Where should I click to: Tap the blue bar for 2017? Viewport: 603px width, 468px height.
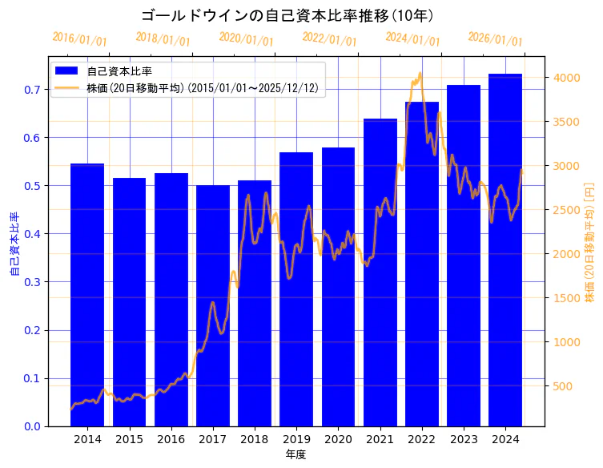[x=213, y=305]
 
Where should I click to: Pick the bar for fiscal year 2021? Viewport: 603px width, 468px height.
[x=380, y=272]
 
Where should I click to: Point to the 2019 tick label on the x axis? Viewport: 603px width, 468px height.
[x=296, y=439]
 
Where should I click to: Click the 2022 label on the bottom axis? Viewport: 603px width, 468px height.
[x=422, y=439]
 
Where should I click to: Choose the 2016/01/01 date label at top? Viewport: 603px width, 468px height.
[x=79, y=39]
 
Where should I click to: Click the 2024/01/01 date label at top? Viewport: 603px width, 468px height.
[x=412, y=39]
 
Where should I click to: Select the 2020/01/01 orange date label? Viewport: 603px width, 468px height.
[x=246, y=39]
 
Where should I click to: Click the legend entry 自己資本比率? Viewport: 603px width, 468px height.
[x=125, y=71]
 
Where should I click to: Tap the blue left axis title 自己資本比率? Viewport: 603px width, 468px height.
[x=14, y=244]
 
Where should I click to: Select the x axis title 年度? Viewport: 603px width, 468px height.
[x=296, y=454]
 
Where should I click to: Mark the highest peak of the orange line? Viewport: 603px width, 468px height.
[x=420, y=74]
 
